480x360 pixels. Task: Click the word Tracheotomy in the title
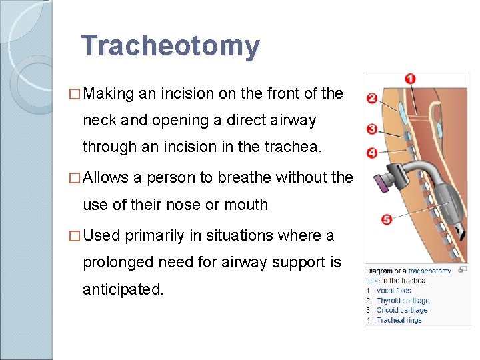tap(170, 46)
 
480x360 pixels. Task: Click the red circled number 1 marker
tap(410, 79)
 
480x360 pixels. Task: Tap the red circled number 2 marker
tap(372, 99)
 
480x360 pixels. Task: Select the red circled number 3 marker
tap(372, 129)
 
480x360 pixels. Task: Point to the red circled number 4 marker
tap(372, 153)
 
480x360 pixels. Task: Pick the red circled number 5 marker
tap(386, 219)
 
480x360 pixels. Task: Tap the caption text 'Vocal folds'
tap(394, 291)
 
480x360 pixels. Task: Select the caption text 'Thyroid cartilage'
tap(403, 301)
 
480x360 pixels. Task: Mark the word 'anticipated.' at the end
tap(123, 290)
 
